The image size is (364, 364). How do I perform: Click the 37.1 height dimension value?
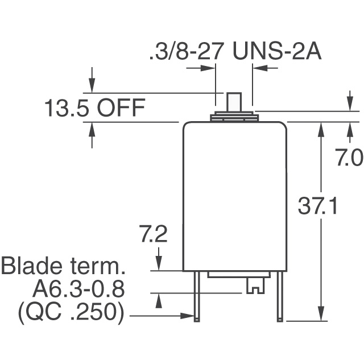coord(317,206)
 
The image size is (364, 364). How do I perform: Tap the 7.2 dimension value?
coord(153,234)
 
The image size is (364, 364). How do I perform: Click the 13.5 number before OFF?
coord(66,107)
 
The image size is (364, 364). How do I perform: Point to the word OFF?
coord(121,107)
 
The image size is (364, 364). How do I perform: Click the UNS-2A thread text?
coord(277,51)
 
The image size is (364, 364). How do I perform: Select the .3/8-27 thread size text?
coord(187,51)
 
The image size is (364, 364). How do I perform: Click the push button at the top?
coord(234,102)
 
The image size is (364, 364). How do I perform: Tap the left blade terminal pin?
coord(197,296)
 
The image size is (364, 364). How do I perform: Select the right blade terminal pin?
coord(280,296)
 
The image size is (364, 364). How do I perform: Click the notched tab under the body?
coord(255,286)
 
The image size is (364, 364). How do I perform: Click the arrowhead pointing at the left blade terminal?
coord(188,316)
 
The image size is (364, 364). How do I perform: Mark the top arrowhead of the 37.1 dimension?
coord(321,130)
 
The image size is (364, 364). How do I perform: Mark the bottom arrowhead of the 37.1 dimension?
coord(321,313)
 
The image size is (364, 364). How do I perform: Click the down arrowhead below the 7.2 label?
coord(159,263)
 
